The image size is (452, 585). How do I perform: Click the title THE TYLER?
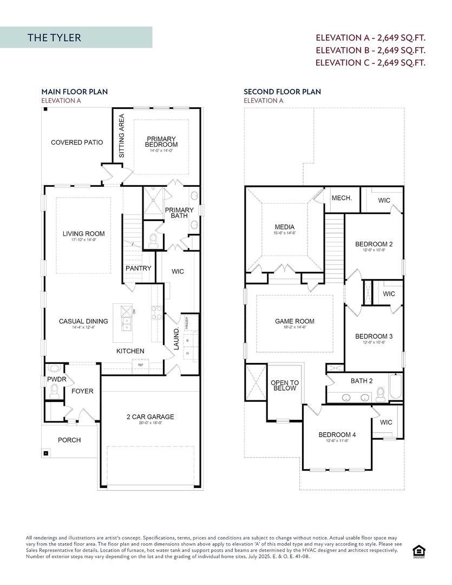[54, 37]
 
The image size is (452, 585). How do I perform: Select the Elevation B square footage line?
[370, 50]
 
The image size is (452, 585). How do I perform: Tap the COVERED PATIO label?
[76, 142]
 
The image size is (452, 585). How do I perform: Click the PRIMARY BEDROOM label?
[161, 142]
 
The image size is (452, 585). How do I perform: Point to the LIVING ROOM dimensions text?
[83, 239]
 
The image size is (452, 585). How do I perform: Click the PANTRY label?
[139, 268]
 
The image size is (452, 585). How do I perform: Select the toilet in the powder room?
[54, 394]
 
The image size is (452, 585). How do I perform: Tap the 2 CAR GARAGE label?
[150, 417]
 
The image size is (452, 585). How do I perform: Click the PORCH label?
[69, 440]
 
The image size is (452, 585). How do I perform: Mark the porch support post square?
[47, 453]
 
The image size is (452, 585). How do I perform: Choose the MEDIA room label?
[285, 227]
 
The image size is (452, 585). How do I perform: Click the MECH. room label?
[342, 198]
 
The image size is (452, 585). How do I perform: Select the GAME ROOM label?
[294, 321]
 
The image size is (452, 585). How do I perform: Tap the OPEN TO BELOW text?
[284, 386]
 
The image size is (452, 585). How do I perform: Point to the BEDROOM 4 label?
[337, 435]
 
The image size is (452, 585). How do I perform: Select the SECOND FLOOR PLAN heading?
[282, 92]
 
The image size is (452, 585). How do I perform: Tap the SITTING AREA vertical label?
[122, 135]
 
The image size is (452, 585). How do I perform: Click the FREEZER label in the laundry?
[187, 323]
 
